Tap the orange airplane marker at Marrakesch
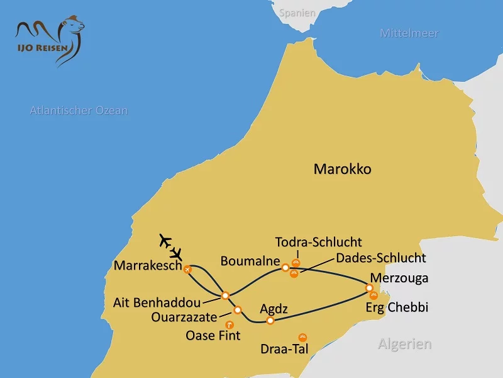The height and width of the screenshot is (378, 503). (x=187, y=269)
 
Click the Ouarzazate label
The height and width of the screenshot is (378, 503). (x=184, y=317)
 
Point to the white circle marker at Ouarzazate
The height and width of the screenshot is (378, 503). (x=237, y=310)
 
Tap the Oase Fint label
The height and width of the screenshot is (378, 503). (x=213, y=336)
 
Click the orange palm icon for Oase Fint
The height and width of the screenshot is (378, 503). (x=229, y=325)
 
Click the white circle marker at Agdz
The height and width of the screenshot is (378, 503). (x=270, y=321)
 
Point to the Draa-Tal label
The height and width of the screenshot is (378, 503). (x=284, y=348)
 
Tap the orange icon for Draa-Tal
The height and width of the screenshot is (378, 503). (x=302, y=337)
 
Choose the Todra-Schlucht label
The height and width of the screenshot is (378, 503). (x=318, y=242)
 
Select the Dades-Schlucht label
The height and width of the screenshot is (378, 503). (x=381, y=258)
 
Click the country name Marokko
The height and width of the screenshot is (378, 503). (x=343, y=169)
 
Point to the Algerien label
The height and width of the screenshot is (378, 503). (x=405, y=344)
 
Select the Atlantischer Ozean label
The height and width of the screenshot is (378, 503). (x=79, y=111)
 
